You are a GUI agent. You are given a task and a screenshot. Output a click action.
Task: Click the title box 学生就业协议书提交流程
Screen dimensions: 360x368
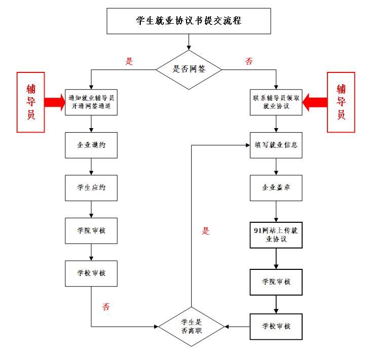pos(189,21)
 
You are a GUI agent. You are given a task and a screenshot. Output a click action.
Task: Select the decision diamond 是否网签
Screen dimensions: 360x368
pos(189,69)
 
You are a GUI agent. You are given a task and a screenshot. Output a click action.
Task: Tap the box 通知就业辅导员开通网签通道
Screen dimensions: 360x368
pos(91,102)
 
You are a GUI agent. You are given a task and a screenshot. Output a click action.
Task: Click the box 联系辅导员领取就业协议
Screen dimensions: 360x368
pos(276,102)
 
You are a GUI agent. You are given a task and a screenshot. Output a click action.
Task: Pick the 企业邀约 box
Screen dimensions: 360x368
pos(91,145)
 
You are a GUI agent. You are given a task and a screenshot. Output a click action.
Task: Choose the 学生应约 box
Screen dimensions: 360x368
pos(91,188)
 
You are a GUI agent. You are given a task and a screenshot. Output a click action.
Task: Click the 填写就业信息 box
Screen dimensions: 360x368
pos(276,145)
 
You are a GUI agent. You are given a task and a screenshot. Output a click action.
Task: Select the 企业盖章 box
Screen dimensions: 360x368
pos(276,188)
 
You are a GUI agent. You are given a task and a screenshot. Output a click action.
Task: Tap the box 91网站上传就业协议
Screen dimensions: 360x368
pos(276,234)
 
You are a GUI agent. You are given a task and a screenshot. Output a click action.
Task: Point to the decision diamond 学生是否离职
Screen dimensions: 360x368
pos(191,326)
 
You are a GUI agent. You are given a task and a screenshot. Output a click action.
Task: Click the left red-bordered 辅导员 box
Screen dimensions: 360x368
pos(31,102)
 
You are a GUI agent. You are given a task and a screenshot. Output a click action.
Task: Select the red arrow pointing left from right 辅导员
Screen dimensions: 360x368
pos(314,104)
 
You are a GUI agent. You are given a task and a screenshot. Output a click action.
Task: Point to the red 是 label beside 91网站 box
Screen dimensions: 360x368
pos(206,231)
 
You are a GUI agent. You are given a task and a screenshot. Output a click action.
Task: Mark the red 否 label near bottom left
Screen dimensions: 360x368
pos(106,307)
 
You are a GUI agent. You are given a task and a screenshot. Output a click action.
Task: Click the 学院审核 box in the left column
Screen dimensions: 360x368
pos(91,231)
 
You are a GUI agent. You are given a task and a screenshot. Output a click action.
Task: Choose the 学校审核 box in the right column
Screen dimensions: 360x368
pos(276,326)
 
